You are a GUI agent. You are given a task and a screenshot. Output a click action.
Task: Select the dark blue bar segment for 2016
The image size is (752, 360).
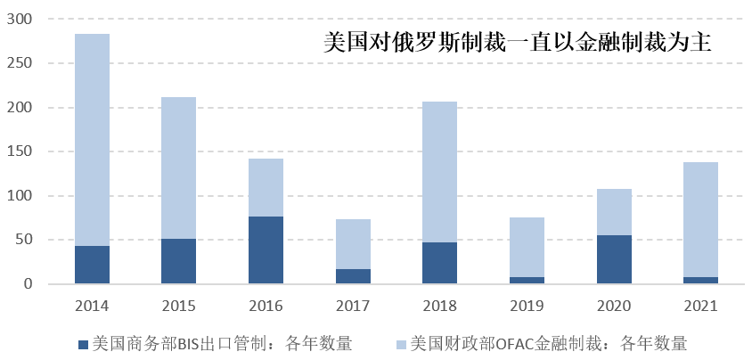[x=266, y=250]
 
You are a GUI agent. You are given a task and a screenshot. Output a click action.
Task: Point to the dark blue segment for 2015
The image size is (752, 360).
[x=179, y=261]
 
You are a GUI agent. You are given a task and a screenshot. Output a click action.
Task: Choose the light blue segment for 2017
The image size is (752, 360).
[x=353, y=244]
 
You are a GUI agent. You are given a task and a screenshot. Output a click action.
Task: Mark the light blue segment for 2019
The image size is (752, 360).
[x=527, y=247]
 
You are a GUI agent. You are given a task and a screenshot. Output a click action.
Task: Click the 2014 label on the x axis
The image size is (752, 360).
[x=92, y=306]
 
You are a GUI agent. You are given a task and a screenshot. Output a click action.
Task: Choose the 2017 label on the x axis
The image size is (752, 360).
[x=353, y=306]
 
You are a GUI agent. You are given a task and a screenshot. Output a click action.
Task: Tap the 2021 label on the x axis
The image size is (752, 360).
[x=700, y=306]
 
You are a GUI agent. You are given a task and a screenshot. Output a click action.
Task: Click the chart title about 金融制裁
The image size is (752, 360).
[x=517, y=42]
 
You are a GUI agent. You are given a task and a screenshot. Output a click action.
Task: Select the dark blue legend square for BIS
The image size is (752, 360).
[x=84, y=343]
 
